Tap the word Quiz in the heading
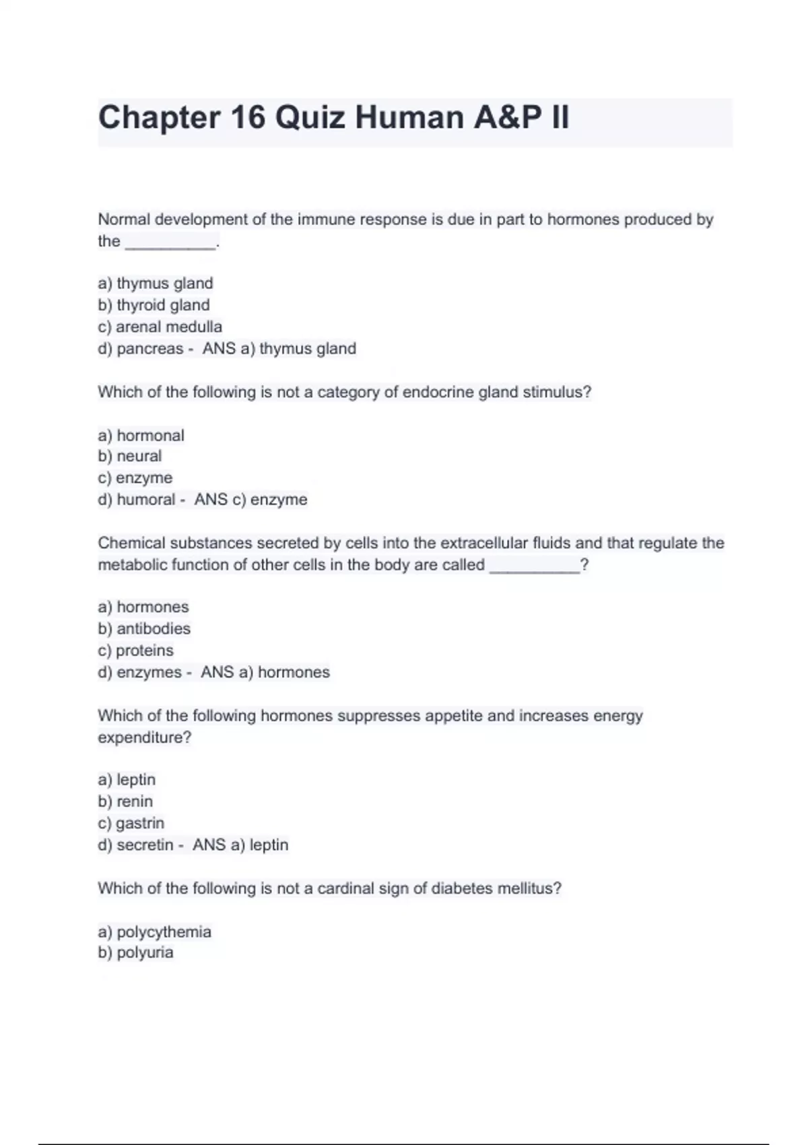310,118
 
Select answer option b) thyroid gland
154,305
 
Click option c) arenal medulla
160,327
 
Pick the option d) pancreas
141,349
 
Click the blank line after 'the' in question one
171,242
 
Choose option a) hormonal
141,436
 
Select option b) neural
130,456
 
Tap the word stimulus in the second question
556,392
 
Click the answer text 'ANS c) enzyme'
250,500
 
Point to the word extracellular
484,543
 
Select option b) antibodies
144,628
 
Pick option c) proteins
135,651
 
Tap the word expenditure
144,738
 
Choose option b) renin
125,802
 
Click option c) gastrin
131,823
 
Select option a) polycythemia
154,932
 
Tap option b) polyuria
135,952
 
